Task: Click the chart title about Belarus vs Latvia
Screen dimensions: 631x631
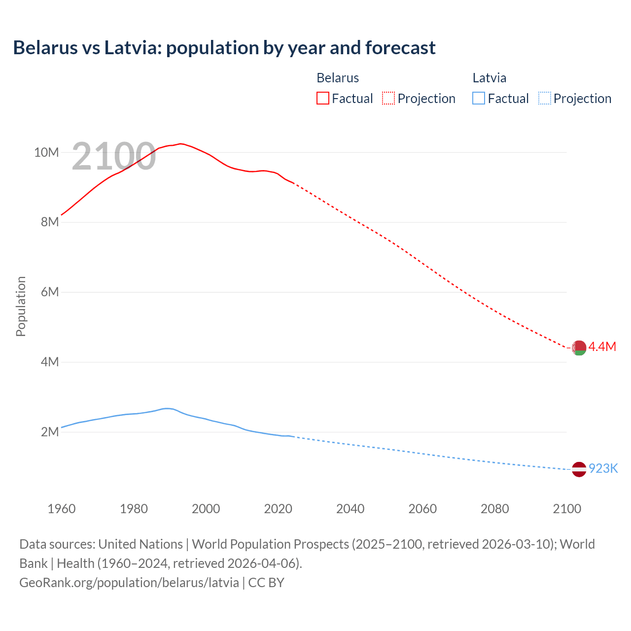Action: (x=224, y=48)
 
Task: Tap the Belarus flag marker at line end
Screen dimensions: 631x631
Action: (x=579, y=348)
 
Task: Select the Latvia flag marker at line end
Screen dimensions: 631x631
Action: (x=579, y=469)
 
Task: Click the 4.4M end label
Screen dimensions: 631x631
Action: (x=602, y=347)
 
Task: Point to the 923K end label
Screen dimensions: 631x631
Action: (x=603, y=468)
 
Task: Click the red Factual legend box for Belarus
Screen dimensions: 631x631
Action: (x=322, y=98)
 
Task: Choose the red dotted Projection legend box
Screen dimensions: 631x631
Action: (x=388, y=98)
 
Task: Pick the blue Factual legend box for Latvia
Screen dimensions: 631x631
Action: (x=479, y=98)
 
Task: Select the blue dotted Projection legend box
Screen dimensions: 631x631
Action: (x=545, y=98)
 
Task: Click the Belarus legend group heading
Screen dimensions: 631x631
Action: (x=338, y=78)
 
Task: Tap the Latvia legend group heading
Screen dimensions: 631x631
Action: (x=490, y=78)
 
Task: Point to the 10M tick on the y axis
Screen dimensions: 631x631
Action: (x=46, y=152)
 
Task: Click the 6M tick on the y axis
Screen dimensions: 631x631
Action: (x=50, y=292)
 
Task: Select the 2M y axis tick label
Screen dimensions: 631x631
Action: (x=50, y=432)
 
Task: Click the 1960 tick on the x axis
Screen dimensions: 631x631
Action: (x=62, y=509)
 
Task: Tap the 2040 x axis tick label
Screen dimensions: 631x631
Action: (x=351, y=509)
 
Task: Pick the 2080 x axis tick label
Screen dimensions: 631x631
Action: (x=495, y=509)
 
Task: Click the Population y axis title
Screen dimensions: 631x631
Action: (x=21, y=306)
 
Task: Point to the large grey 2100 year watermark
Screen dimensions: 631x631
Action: (x=114, y=157)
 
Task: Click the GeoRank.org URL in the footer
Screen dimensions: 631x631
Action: (x=129, y=582)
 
